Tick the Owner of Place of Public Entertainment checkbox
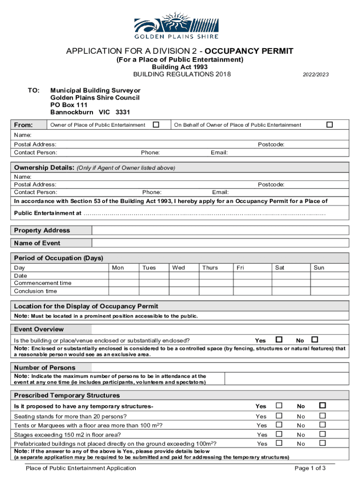pyautogui.click(x=156, y=124)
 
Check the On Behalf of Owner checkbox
pyautogui.click(x=330, y=124)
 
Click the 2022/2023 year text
pyautogui.click(x=316, y=74)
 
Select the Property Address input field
pyautogui.click(x=220, y=230)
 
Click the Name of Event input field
pyautogui.click(x=220, y=243)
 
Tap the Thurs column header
pyautogui.click(x=210, y=268)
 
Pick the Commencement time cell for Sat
pyautogui.click(x=290, y=283)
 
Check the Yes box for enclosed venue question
pyautogui.click(x=279, y=340)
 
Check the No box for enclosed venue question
pyautogui.click(x=315, y=340)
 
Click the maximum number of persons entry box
pyautogui.click(x=286, y=379)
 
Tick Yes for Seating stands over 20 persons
pyautogui.click(x=279, y=416)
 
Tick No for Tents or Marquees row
pyautogui.click(x=322, y=425)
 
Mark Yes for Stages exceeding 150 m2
pyautogui.click(x=279, y=434)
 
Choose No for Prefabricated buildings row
pyautogui.click(x=322, y=443)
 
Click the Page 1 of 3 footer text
pyautogui.click(x=310, y=468)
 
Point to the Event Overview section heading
pyautogui.click(x=39, y=329)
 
